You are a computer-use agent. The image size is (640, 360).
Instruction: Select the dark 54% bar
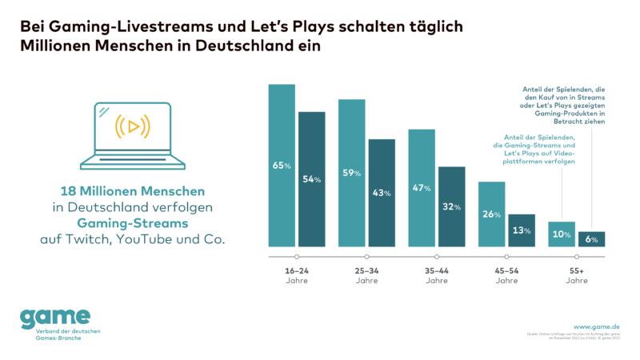click(x=311, y=179)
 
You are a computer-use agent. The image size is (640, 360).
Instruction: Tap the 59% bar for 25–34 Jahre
click(x=351, y=172)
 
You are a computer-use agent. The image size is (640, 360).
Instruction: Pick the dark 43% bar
click(x=382, y=193)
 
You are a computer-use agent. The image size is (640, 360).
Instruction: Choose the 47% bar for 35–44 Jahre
click(x=422, y=187)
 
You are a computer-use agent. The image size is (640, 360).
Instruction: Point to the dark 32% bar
click(x=452, y=206)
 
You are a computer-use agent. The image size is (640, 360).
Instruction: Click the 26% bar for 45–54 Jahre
click(x=491, y=214)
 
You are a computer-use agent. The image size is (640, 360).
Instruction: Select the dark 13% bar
click(x=522, y=230)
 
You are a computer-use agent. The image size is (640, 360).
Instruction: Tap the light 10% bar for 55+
click(x=562, y=234)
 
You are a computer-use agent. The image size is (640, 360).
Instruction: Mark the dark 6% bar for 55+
click(x=592, y=238)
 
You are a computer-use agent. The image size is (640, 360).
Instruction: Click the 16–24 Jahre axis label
click(x=296, y=275)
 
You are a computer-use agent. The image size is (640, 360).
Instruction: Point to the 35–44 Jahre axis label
click(x=437, y=275)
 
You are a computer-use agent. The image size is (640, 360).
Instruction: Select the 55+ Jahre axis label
click(x=576, y=275)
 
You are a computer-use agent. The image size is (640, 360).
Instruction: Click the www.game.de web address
click(x=596, y=326)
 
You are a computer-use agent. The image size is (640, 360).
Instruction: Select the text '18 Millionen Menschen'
click(x=133, y=191)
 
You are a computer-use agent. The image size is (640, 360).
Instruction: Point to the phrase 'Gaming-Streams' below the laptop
click(x=133, y=223)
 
